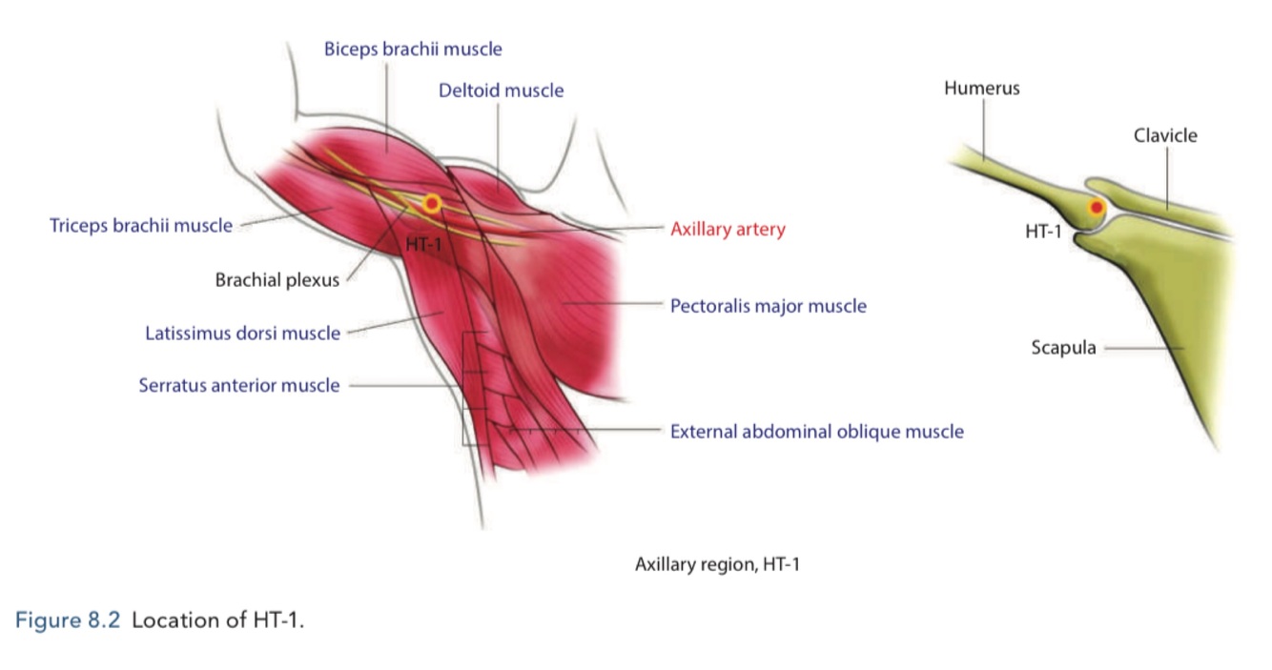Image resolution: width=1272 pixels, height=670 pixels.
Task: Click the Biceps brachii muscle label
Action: click(x=413, y=49)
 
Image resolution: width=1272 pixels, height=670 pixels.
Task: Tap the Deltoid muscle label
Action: click(x=501, y=91)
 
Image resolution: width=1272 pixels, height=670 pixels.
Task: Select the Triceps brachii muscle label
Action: click(x=141, y=226)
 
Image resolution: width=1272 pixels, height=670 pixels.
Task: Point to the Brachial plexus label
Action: click(x=277, y=281)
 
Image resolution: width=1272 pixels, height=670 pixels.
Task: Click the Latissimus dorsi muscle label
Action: click(x=242, y=334)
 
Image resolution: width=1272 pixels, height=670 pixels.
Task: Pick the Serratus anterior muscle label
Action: click(x=238, y=386)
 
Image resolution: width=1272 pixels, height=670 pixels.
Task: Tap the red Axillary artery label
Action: click(x=728, y=230)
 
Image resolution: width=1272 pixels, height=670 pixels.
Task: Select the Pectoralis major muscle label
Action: click(x=768, y=307)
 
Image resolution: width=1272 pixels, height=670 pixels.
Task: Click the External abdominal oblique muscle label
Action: click(x=816, y=432)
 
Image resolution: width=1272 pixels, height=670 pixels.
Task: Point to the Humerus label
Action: click(x=981, y=89)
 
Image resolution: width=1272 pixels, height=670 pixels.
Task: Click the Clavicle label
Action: click(x=1165, y=135)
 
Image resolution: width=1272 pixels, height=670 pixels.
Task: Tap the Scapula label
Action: click(x=1063, y=348)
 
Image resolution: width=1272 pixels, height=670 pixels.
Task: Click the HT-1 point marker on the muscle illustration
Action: click(x=432, y=203)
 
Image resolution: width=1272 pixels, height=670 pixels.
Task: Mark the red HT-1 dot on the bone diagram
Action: click(x=1097, y=208)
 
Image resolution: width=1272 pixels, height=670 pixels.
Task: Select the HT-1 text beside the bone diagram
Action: click(x=1043, y=232)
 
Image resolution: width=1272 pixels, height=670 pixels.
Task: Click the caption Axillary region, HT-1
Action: click(x=717, y=565)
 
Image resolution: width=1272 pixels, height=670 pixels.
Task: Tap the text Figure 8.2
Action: click(x=68, y=620)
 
